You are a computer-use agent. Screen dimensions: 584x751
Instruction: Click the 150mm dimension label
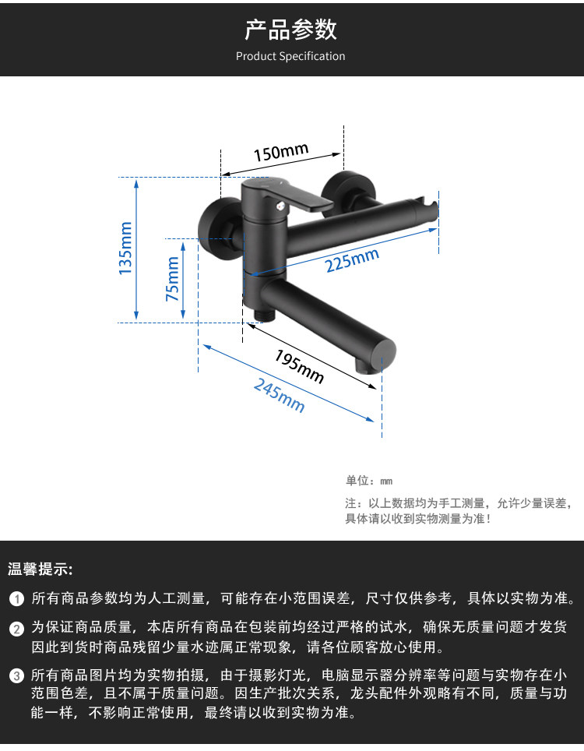pyautogui.click(x=281, y=151)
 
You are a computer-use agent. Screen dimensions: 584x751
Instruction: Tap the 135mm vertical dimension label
pyautogui.click(x=125, y=248)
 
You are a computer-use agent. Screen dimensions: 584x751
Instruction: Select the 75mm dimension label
pyautogui.click(x=173, y=279)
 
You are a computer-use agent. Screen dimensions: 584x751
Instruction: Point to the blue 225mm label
pyautogui.click(x=352, y=259)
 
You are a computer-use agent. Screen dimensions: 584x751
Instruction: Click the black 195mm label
pyautogui.click(x=299, y=365)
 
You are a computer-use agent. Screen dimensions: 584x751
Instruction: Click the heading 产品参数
pyautogui.click(x=290, y=30)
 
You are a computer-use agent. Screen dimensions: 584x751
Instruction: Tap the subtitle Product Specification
pyautogui.click(x=290, y=56)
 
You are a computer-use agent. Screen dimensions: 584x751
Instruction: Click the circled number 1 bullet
pyautogui.click(x=17, y=599)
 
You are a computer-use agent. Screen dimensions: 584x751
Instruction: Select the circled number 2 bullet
pyautogui.click(x=17, y=628)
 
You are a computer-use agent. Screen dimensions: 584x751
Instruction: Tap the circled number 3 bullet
pyautogui.click(x=17, y=675)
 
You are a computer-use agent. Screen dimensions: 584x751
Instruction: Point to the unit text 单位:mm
pyautogui.click(x=369, y=481)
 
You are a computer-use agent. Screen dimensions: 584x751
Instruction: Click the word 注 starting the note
pyautogui.click(x=350, y=503)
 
